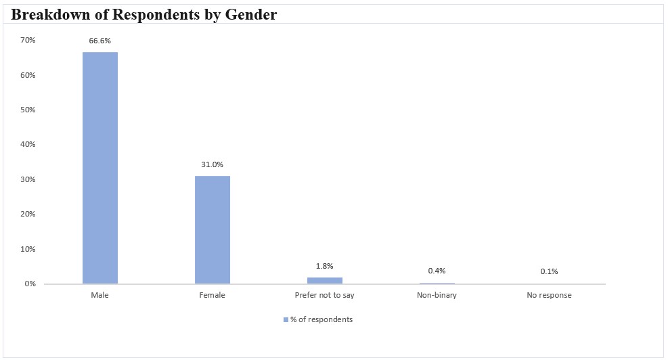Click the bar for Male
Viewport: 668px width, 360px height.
tap(100, 168)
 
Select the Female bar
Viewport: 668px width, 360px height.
tap(213, 229)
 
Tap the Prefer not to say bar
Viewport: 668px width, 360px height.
tap(325, 280)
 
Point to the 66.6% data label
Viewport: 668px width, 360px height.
tap(100, 41)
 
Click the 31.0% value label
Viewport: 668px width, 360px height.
tap(213, 164)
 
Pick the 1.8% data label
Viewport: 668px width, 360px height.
tap(325, 266)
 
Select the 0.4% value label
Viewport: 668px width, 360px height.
tap(437, 271)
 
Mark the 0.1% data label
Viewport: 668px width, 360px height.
tap(550, 272)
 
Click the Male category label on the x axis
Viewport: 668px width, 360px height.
tap(100, 296)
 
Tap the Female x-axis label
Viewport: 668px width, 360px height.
tap(213, 296)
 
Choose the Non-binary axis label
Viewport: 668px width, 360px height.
tap(437, 296)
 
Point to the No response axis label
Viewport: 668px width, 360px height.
tap(550, 296)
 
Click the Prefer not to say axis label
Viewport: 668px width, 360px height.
tap(325, 296)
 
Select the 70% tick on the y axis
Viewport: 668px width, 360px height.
tap(28, 41)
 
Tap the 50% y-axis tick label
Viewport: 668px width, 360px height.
tap(28, 110)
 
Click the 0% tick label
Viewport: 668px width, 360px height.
tap(30, 284)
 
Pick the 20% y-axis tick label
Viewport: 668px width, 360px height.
tap(28, 214)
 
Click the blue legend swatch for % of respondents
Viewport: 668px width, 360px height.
tap(286, 320)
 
